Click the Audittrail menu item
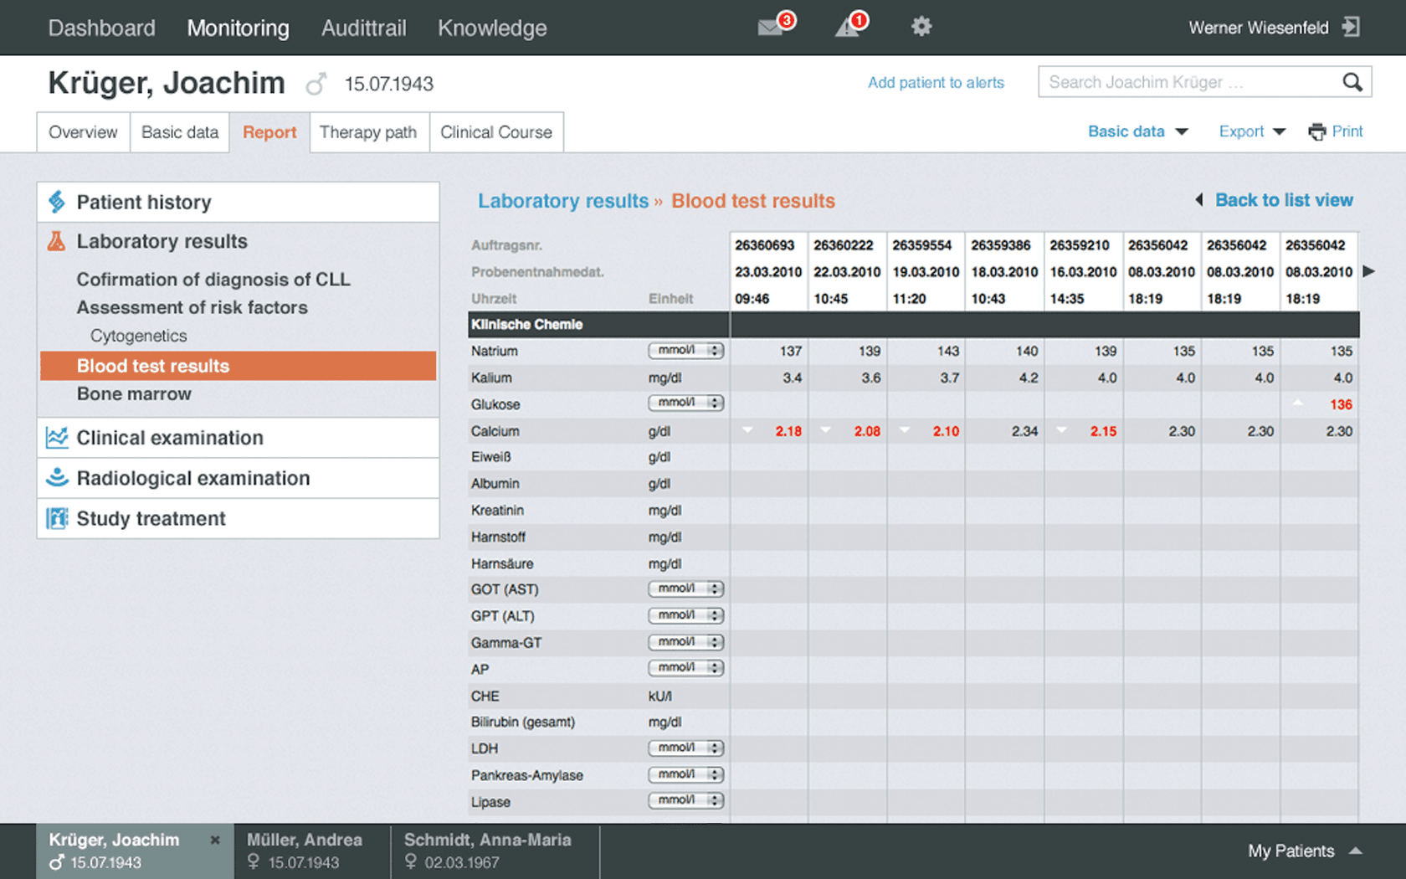pos(363,28)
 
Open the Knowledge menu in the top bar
pos(492,28)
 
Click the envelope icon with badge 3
pos(772,27)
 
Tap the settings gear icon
pos(921,27)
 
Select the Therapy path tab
pos(368,132)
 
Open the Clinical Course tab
pos(496,132)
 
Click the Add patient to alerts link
pos(936,83)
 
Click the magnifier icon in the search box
pos(1352,82)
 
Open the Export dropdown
pos(1251,131)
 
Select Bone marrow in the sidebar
pos(134,394)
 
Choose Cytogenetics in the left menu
pos(139,336)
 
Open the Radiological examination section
pos(193,478)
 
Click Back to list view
pos(1283,200)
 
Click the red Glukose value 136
pos(1341,404)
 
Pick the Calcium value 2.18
pos(788,431)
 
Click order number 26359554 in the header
pos(922,245)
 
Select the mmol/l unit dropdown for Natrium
pos(685,351)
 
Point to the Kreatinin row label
pos(497,511)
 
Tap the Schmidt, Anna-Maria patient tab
pos(488,851)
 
